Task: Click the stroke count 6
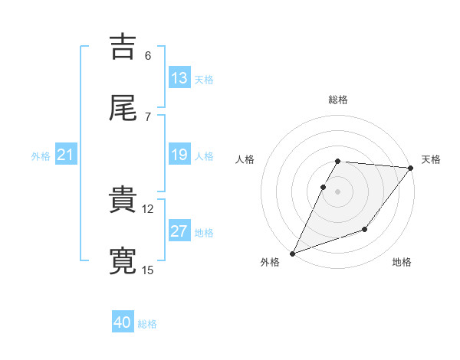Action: click(148, 55)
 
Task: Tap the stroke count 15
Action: click(148, 270)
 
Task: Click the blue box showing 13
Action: click(179, 78)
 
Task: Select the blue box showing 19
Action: click(179, 155)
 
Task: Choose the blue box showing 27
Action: click(179, 231)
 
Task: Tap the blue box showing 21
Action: click(66, 155)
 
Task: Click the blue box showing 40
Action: click(123, 323)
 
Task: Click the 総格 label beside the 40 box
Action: click(147, 324)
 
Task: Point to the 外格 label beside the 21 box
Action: click(41, 155)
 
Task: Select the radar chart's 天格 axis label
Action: click(431, 159)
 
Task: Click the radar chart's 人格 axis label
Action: click(245, 159)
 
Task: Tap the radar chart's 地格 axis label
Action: click(402, 263)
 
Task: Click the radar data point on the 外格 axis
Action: click(292, 254)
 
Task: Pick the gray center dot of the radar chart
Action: click(337, 191)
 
